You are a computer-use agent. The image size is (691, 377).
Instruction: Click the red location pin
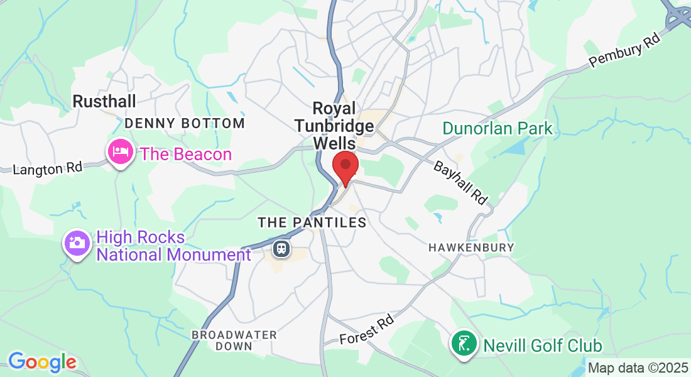click(x=345, y=167)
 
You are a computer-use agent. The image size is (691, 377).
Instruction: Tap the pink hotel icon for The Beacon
click(x=119, y=151)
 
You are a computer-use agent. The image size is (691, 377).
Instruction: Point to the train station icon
click(x=281, y=249)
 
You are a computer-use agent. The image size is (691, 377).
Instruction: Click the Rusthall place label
click(x=104, y=101)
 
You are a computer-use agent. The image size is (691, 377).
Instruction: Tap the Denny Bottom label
click(x=185, y=123)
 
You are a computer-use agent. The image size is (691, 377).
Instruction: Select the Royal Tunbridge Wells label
click(x=334, y=126)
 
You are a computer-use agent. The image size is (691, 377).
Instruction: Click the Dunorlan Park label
click(x=498, y=129)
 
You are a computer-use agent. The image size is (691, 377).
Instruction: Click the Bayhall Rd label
click(x=460, y=182)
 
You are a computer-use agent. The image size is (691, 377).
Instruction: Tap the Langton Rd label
click(x=48, y=168)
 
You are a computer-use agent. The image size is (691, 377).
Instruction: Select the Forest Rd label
click(x=367, y=331)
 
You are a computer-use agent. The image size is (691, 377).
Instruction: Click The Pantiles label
click(x=312, y=222)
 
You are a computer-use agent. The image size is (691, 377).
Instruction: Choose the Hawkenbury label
click(x=471, y=248)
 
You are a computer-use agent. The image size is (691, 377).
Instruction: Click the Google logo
click(x=42, y=362)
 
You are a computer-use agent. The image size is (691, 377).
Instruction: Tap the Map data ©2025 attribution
click(x=637, y=368)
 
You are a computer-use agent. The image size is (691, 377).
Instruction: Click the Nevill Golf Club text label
click(x=543, y=346)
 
